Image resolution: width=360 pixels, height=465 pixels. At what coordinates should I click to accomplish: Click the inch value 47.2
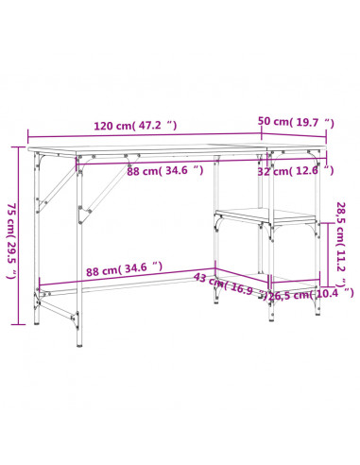point(155,124)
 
